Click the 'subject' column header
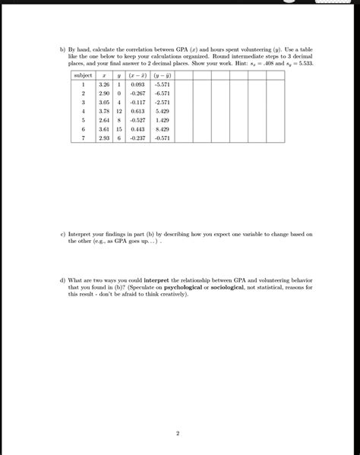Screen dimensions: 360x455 pyautogui.click(x=83, y=76)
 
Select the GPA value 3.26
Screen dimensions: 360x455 pyautogui.click(x=105, y=85)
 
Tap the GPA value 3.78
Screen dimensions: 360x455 pyautogui.click(x=105, y=111)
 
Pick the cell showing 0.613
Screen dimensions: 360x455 pyautogui.click(x=137, y=111)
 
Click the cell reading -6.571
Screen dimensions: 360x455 pyautogui.click(x=162, y=93)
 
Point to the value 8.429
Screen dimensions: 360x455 pyautogui.click(x=162, y=129)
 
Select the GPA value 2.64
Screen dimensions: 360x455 pyautogui.click(x=105, y=120)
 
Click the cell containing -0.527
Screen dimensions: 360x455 pyautogui.click(x=137, y=120)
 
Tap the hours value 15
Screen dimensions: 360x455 pyautogui.click(x=119, y=129)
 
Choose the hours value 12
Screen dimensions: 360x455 pyautogui.click(x=119, y=111)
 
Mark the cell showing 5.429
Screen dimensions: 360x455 pyautogui.click(x=162, y=111)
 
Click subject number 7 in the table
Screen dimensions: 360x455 pyautogui.click(x=83, y=138)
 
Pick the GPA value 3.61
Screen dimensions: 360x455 pyautogui.click(x=105, y=129)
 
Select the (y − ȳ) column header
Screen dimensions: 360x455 pyautogui.click(x=162, y=76)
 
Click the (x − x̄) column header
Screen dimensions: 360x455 pyautogui.click(x=137, y=76)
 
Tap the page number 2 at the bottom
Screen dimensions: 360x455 pyautogui.click(x=177, y=434)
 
